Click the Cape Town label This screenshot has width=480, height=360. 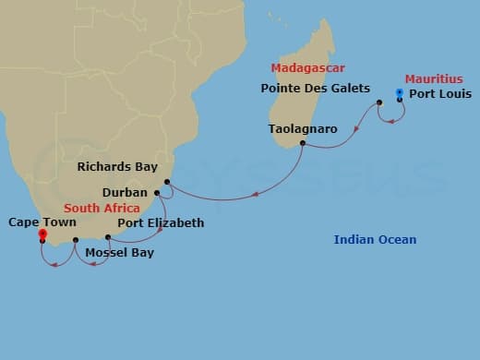[x=42, y=222]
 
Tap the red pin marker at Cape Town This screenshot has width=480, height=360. [x=42, y=234]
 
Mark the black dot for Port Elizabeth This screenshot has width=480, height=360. [x=108, y=237]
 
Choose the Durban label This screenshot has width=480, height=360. [x=123, y=194]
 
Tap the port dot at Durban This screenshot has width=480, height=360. [x=157, y=193]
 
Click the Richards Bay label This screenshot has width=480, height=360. [x=118, y=168]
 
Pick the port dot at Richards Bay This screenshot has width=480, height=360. [x=167, y=182]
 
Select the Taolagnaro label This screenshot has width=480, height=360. [x=303, y=128]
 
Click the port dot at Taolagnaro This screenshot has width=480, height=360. [x=303, y=143]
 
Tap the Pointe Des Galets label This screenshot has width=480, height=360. [x=317, y=90]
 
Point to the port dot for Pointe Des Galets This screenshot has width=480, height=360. [x=379, y=102]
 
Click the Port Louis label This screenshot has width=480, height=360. [x=440, y=94]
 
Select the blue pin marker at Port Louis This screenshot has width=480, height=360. [x=399, y=93]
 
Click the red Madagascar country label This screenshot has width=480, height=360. [x=306, y=68]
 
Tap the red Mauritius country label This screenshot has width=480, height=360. [x=433, y=79]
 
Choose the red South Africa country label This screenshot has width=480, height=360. [x=102, y=209]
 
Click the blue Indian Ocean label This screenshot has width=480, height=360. [x=375, y=241]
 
